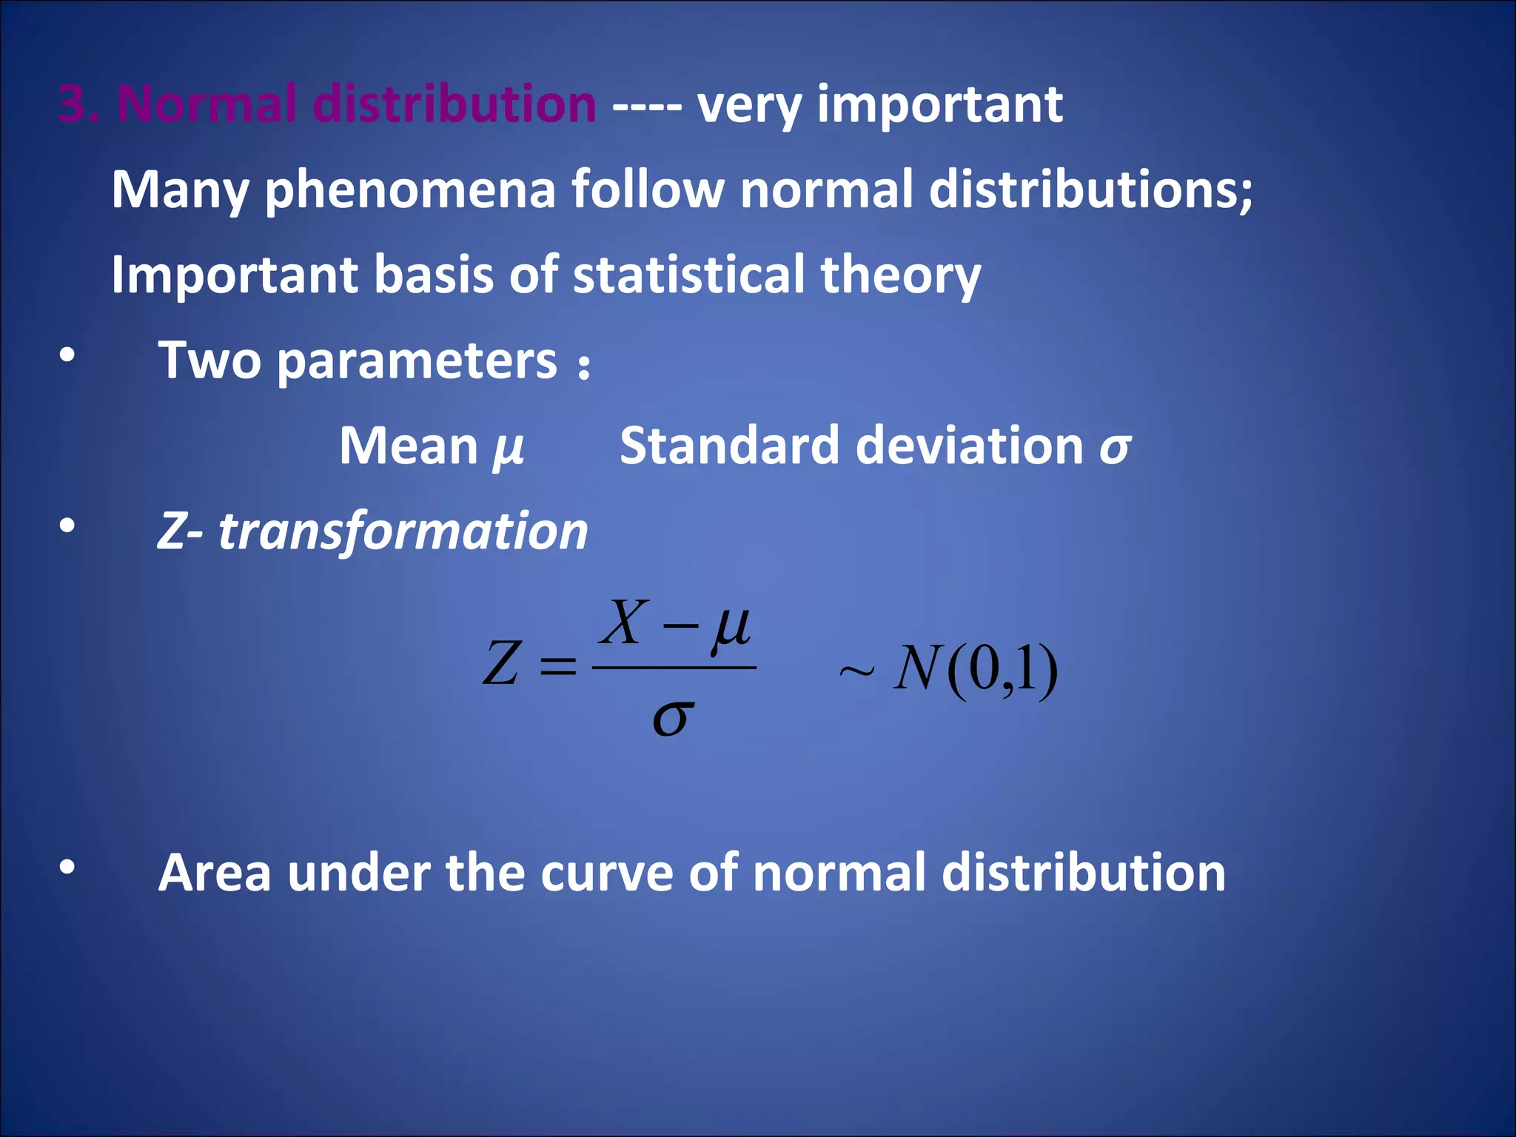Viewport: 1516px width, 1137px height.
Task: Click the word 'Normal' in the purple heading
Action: pyautogui.click(x=207, y=104)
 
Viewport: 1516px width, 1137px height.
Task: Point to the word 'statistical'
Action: pyautogui.click(x=688, y=275)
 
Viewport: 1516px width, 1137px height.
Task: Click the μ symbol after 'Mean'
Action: pyautogui.click(x=509, y=449)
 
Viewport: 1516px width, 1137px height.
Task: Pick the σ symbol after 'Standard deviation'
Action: pyautogui.click(x=1115, y=447)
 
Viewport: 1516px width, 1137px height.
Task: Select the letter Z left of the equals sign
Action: pyautogui.click(x=501, y=663)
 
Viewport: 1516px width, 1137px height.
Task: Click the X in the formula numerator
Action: pyautogui.click(x=625, y=623)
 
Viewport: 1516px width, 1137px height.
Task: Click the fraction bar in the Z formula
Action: pyautogui.click(x=674, y=668)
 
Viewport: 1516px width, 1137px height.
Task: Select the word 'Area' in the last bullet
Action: pyautogui.click(x=215, y=873)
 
